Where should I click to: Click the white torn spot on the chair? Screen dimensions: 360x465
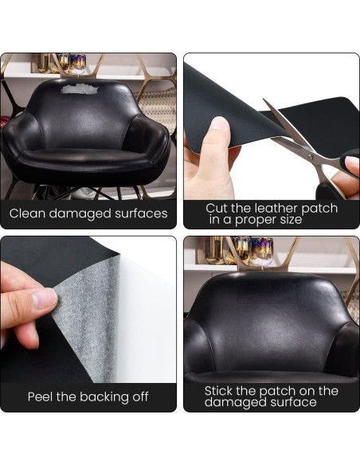pos(79,88)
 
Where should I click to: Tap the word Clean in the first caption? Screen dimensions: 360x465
pos(27,213)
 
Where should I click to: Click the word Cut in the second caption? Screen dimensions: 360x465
pos(216,208)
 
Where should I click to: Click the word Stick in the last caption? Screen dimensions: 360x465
pos(219,391)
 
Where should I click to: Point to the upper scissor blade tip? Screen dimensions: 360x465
pos(264,100)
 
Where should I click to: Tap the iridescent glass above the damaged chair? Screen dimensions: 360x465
pos(78,63)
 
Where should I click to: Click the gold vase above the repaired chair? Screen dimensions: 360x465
pos(215,250)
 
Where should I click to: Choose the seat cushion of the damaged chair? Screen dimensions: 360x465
pos(86,158)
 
